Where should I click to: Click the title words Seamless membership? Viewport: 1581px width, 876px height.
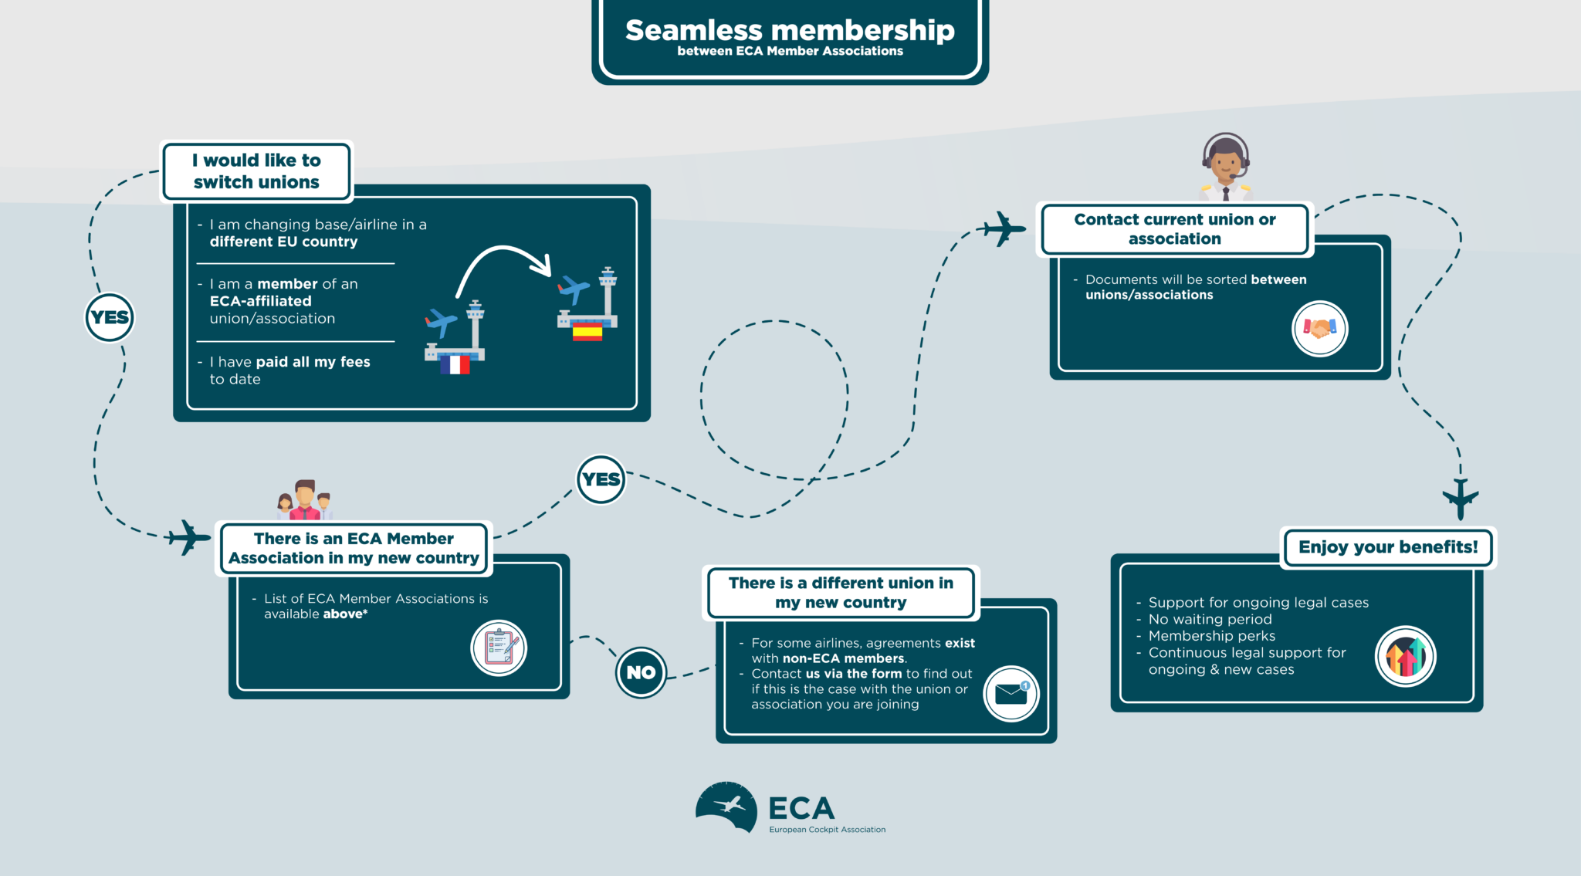(x=790, y=30)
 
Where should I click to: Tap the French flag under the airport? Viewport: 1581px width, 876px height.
(x=455, y=364)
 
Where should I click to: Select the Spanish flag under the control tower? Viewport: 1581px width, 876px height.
(x=587, y=332)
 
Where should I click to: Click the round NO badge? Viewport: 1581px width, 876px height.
(x=641, y=672)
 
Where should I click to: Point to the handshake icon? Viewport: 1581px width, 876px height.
(x=1320, y=329)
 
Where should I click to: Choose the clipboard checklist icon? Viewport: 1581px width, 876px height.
(x=499, y=648)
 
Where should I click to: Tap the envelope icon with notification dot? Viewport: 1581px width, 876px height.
(x=1011, y=693)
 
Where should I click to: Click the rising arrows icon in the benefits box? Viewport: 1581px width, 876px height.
(x=1406, y=657)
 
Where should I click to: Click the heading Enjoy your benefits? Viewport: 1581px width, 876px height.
(x=1388, y=547)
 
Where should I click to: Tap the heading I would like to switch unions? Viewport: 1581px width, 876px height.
(x=256, y=171)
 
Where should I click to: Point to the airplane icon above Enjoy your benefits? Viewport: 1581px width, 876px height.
(x=1461, y=499)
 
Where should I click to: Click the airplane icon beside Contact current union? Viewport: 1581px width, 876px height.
(x=1004, y=228)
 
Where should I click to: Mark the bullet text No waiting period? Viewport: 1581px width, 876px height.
(x=1210, y=619)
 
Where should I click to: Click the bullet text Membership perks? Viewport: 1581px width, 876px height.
(x=1211, y=636)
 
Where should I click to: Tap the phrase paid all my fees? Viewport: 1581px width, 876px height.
(x=313, y=362)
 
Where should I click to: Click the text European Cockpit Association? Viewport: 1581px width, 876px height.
(x=827, y=830)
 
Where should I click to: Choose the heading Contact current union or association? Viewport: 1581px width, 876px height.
(x=1174, y=229)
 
